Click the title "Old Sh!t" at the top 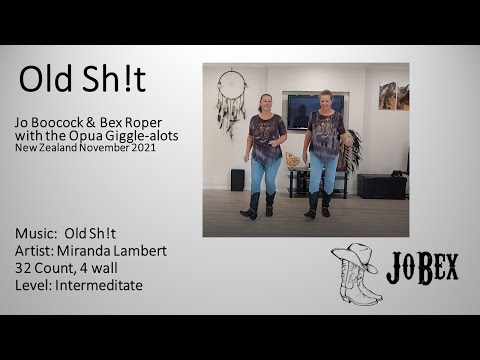tap(82, 78)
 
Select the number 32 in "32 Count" tap(24, 267)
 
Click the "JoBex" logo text tap(421, 268)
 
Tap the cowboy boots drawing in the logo tap(358, 285)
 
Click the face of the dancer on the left tap(265, 103)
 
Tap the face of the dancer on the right tap(326, 100)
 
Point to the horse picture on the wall tap(387, 96)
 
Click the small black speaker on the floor tap(237, 180)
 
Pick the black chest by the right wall tap(382, 186)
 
